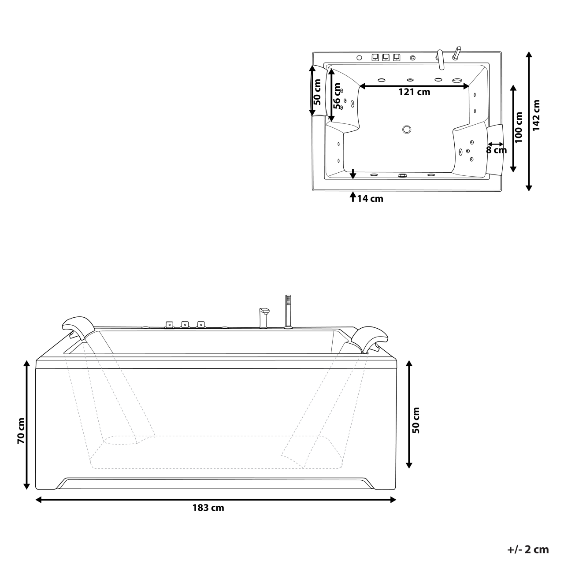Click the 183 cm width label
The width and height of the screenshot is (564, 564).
[x=208, y=508]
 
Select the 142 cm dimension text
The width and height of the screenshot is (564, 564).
[x=536, y=115]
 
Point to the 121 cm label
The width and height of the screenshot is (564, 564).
[x=414, y=92]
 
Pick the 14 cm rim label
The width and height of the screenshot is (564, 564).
[x=370, y=199]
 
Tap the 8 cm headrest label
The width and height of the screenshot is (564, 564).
[x=496, y=150]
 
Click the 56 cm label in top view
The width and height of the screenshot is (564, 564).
[x=337, y=96]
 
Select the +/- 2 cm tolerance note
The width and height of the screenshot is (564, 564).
[x=528, y=549]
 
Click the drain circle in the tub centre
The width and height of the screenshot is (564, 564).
[x=406, y=130]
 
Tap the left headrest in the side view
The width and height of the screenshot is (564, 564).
[x=79, y=326]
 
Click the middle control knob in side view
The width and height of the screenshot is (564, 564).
[x=185, y=325]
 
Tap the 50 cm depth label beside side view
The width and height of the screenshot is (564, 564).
[x=416, y=420]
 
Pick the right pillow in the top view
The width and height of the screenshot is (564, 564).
[x=495, y=149]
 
